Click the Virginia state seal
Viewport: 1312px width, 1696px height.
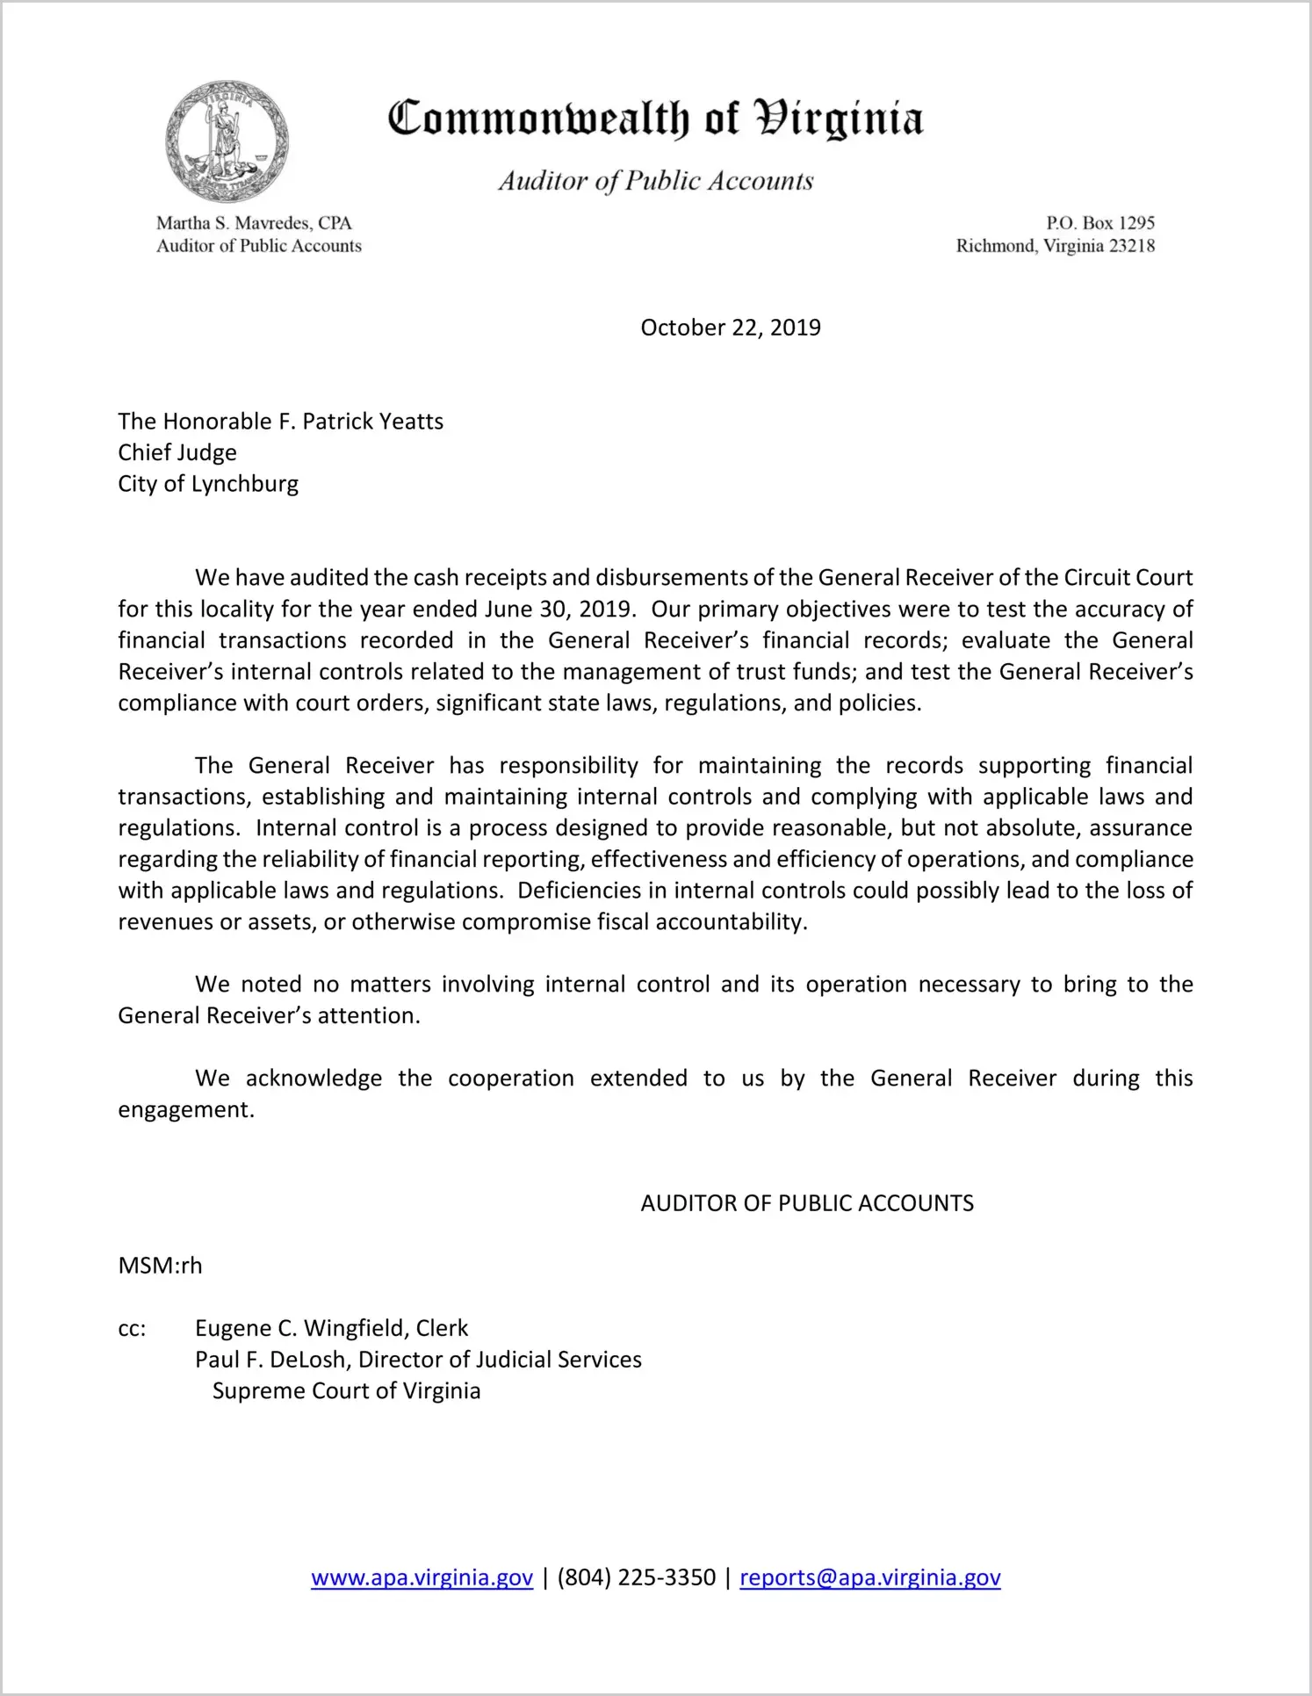[227, 141]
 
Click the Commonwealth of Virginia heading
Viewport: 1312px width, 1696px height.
[655, 119]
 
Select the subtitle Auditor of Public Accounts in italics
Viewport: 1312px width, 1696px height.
[656, 181]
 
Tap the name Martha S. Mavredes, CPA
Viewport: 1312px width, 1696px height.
[254, 223]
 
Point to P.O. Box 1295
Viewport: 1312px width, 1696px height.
[1099, 223]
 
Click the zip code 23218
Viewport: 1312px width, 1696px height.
[1132, 246]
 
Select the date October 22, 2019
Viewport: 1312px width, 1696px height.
[731, 328]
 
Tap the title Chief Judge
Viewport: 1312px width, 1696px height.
[177, 453]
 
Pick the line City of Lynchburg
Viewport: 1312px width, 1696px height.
[208, 484]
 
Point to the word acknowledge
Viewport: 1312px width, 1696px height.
[314, 1079]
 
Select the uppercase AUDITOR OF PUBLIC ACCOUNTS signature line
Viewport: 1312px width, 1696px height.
[807, 1203]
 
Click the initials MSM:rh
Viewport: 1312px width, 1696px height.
[160, 1266]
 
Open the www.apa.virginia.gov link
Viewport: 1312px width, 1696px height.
[422, 1578]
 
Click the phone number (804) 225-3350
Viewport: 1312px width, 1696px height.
[636, 1578]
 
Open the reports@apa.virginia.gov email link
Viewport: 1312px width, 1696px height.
[869, 1578]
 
